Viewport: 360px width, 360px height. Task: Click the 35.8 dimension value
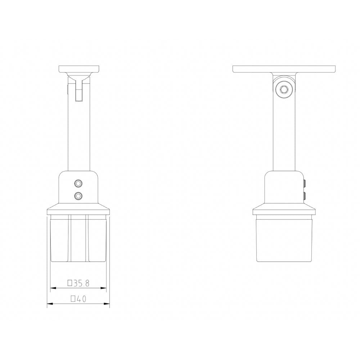coord(81,283)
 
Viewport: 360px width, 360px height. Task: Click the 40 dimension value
coord(81,299)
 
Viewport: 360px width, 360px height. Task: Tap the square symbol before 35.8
coord(70,283)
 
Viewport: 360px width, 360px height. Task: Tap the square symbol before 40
coord(73,298)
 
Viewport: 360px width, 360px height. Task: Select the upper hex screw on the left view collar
coord(78,184)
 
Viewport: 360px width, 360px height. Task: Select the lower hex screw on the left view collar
coord(78,196)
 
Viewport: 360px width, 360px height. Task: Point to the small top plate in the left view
coord(79,69)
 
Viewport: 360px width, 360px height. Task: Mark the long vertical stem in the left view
coord(79,137)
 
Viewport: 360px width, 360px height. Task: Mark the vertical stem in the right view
coord(284,137)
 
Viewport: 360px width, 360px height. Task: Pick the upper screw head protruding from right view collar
coord(305,184)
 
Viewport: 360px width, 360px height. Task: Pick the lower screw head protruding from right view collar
coord(305,196)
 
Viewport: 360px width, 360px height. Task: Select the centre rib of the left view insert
coord(78,238)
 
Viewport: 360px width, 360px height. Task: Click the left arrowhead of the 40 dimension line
coord(50,304)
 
